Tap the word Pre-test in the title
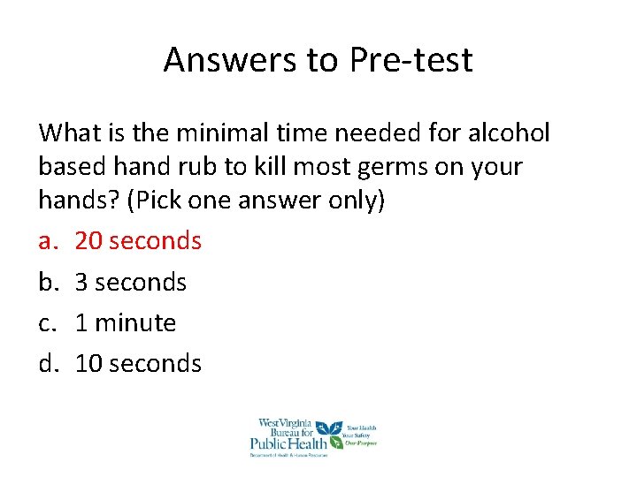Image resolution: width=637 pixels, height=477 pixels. [411, 60]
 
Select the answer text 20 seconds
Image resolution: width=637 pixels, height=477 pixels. [138, 240]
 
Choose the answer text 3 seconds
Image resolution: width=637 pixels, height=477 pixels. [131, 282]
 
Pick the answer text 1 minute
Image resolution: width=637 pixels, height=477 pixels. [126, 322]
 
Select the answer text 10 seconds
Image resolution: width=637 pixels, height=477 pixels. [138, 363]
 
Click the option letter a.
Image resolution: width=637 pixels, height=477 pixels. [47, 240]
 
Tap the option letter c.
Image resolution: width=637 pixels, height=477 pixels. [46, 322]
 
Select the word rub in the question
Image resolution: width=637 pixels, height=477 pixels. [212, 166]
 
